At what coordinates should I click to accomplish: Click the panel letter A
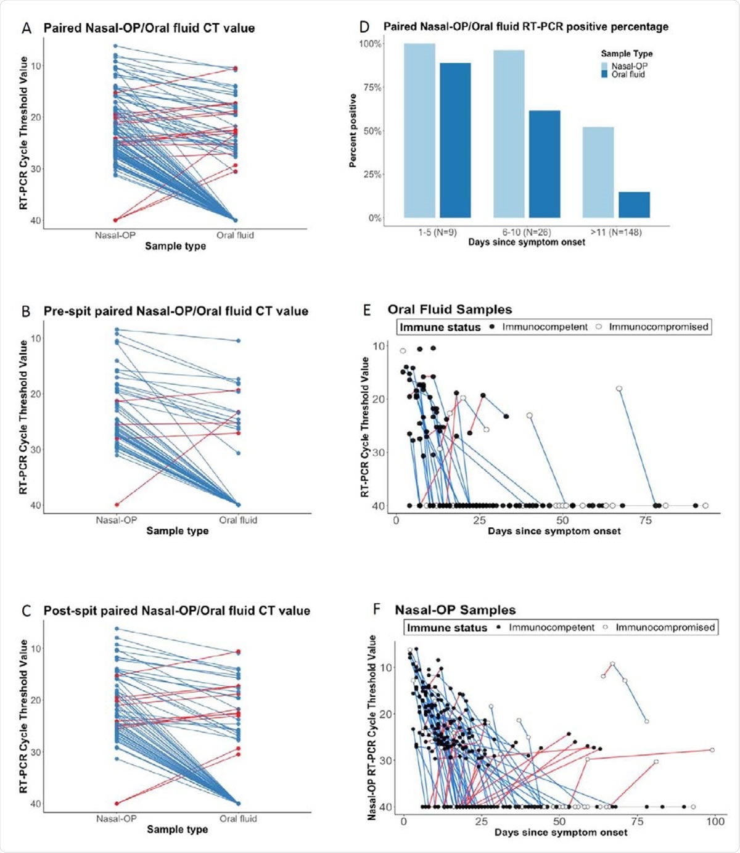[26, 28]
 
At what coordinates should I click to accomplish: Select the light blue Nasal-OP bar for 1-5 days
[419, 130]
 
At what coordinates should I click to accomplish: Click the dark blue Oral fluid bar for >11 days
[634, 205]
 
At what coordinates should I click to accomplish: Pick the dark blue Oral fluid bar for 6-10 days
[545, 164]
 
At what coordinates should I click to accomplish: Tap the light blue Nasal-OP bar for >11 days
[598, 172]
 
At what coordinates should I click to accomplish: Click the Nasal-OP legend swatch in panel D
[606, 66]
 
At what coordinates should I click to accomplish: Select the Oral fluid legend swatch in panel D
[606, 74]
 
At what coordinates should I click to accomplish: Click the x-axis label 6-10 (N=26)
[526, 233]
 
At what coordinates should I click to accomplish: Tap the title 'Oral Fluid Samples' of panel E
[450, 310]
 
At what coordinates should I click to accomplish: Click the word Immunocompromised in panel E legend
[658, 327]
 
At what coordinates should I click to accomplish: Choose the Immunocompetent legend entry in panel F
[551, 628]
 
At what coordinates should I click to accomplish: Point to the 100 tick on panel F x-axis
[715, 822]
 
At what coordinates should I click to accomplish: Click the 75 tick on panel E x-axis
[645, 520]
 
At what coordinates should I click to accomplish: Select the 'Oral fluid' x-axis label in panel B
[238, 520]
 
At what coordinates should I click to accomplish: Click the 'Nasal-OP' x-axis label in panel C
[116, 819]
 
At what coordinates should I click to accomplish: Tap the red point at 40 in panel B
[117, 505]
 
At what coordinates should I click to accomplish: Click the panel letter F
[377, 610]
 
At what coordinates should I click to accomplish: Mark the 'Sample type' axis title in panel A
[175, 246]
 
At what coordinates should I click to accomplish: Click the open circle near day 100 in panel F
[712, 750]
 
